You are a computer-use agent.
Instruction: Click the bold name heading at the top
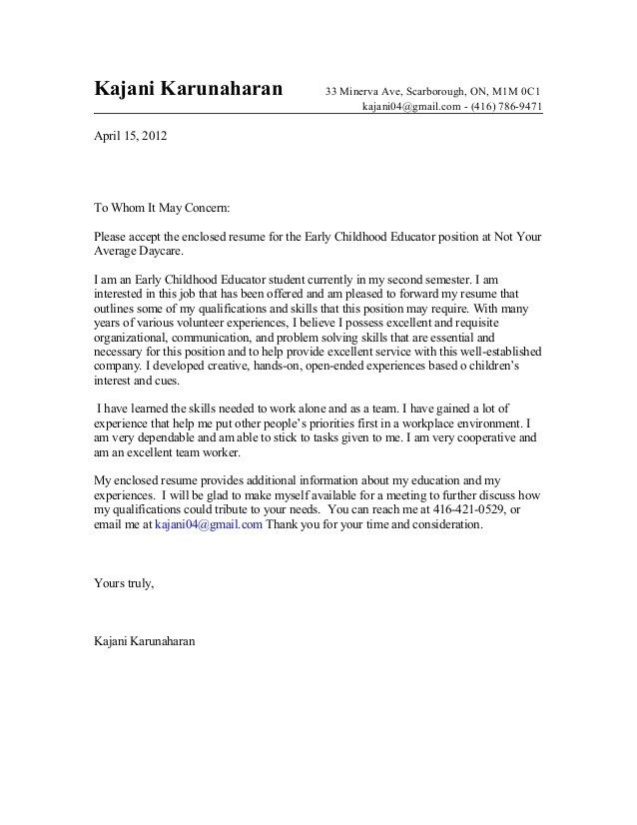[x=189, y=88]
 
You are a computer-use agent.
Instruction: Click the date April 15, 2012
[x=131, y=135]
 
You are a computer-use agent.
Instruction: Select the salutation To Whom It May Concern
[x=162, y=209]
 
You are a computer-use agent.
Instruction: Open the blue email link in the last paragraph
[x=209, y=523]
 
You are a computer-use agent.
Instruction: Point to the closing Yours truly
[x=124, y=582]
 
